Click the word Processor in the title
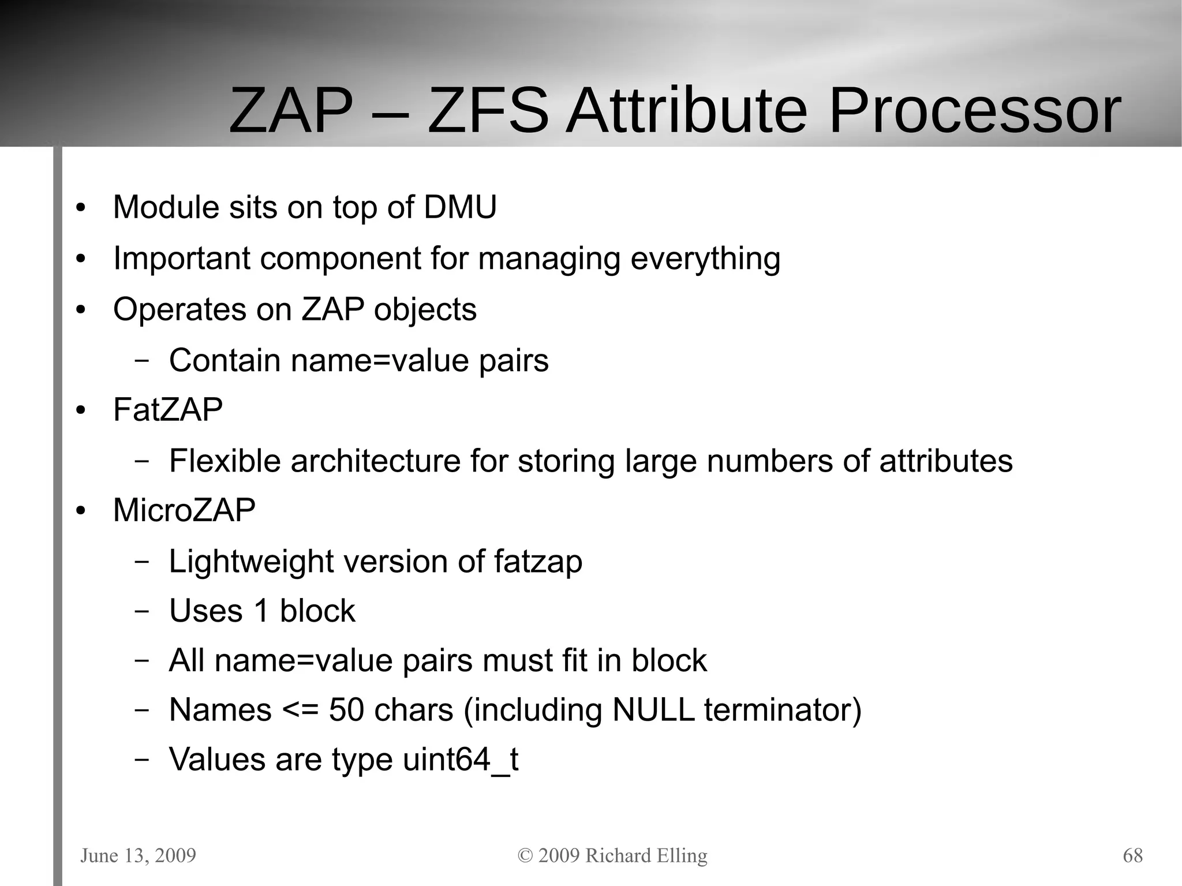pos(974,111)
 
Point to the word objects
pos(425,310)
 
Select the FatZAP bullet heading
pos(167,410)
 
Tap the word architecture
pos(375,461)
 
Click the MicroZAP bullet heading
pos(184,510)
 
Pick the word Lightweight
pos(251,562)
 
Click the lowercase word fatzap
pos(538,562)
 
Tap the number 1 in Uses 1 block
pos(261,611)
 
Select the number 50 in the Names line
pos(346,710)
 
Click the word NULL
pos(653,710)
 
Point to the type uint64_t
pos(460,760)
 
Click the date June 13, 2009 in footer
pos(139,855)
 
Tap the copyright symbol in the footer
pos(525,855)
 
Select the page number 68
pos(1132,855)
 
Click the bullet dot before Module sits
pos(81,208)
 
